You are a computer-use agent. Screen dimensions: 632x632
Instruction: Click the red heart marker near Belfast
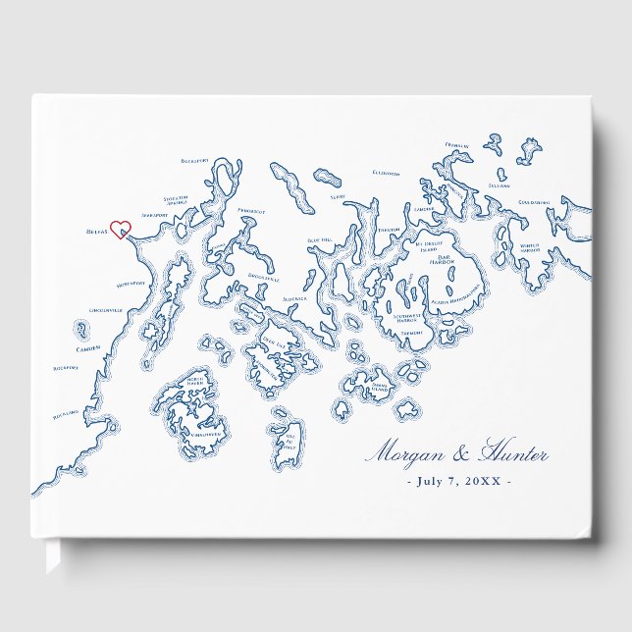[120, 230]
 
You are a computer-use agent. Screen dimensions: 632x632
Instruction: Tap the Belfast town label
[95, 235]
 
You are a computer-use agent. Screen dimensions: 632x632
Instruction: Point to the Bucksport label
[195, 160]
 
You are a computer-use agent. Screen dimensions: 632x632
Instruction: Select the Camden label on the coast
[87, 348]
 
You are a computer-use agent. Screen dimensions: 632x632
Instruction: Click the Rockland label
[68, 413]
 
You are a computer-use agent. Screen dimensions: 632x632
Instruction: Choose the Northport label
[131, 284]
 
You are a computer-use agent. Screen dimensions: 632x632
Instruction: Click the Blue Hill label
[321, 240]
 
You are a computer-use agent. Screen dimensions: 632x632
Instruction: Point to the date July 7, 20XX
[456, 481]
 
